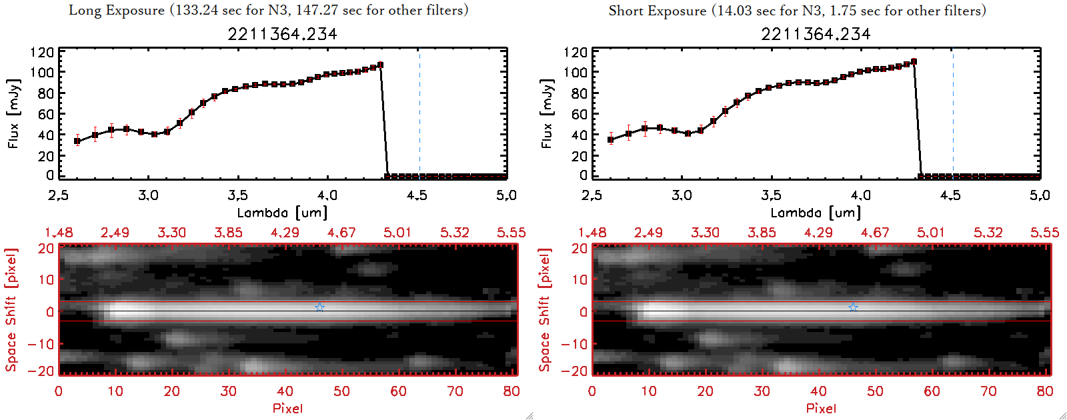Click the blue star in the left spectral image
[320, 307]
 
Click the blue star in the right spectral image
[854, 307]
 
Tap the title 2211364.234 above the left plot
[282, 34]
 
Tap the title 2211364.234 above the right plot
[816, 34]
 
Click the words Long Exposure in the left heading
[117, 10]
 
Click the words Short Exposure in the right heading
[657, 11]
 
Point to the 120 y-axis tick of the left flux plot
[42, 52]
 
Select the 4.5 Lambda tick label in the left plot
[417, 195]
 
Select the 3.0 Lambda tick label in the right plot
[682, 195]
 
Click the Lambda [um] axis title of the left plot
[282, 213]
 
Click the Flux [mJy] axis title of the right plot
[548, 113]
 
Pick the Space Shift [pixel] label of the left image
[11, 310]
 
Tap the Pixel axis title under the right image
[821, 408]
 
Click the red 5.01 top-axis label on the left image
[397, 233]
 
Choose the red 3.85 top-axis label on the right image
[762, 233]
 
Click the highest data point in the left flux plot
[380, 65]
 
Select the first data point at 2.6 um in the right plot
[611, 139]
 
